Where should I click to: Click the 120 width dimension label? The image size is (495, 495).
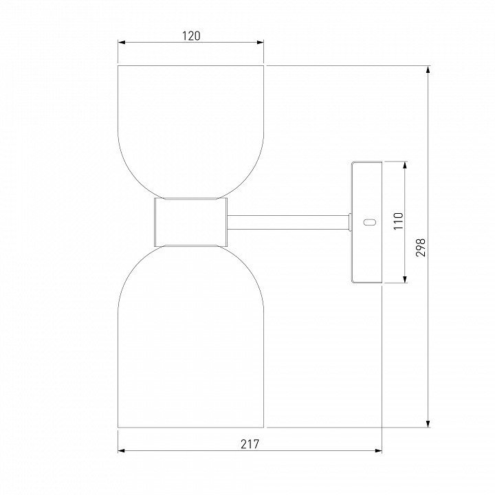(191, 36)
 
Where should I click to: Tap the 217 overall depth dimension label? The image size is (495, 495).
(250, 444)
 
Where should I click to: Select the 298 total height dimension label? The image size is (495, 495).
(420, 247)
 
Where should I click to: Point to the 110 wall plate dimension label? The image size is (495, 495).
(398, 221)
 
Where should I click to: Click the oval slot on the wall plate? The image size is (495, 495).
(370, 222)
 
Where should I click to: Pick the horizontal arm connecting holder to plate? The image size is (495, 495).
(288, 222)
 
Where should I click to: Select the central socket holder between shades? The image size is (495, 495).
(190, 222)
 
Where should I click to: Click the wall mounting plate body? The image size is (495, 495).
(367, 222)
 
